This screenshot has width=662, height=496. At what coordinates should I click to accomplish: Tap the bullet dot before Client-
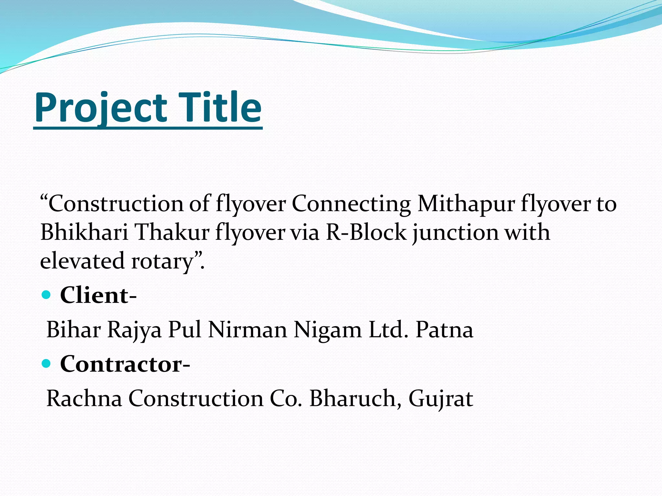[x=47, y=295]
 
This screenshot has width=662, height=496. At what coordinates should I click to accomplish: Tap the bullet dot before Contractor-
[x=47, y=364]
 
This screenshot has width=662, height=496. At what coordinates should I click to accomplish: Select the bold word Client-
[x=98, y=295]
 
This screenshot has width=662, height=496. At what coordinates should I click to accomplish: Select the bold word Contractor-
[x=125, y=364]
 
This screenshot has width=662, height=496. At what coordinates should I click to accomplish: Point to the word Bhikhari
[x=84, y=232]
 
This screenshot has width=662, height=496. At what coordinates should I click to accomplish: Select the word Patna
[x=444, y=330]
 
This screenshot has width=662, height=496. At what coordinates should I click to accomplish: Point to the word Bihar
[x=74, y=330]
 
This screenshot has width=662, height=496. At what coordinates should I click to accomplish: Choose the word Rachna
[x=84, y=398]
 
